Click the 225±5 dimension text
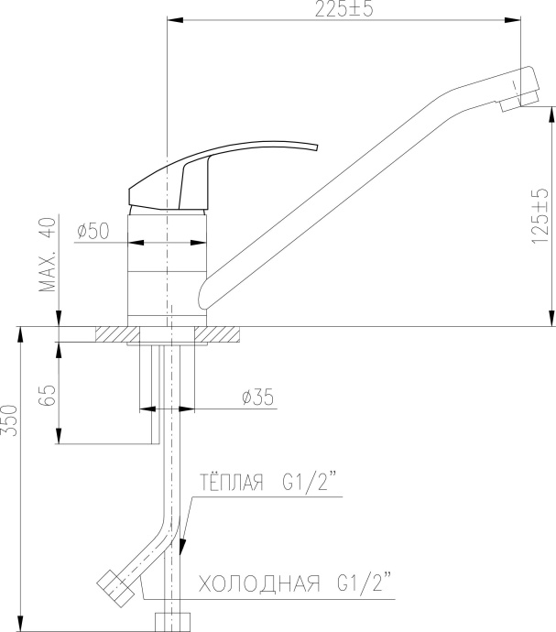(x=343, y=9)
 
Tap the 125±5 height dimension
(x=540, y=216)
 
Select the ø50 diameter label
(x=93, y=231)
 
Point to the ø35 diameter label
(x=257, y=397)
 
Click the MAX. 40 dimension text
(x=48, y=255)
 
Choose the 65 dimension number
(x=47, y=396)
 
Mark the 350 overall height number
(x=9, y=420)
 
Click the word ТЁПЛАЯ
(x=232, y=483)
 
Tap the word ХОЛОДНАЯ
(x=259, y=583)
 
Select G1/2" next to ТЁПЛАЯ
(x=310, y=483)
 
